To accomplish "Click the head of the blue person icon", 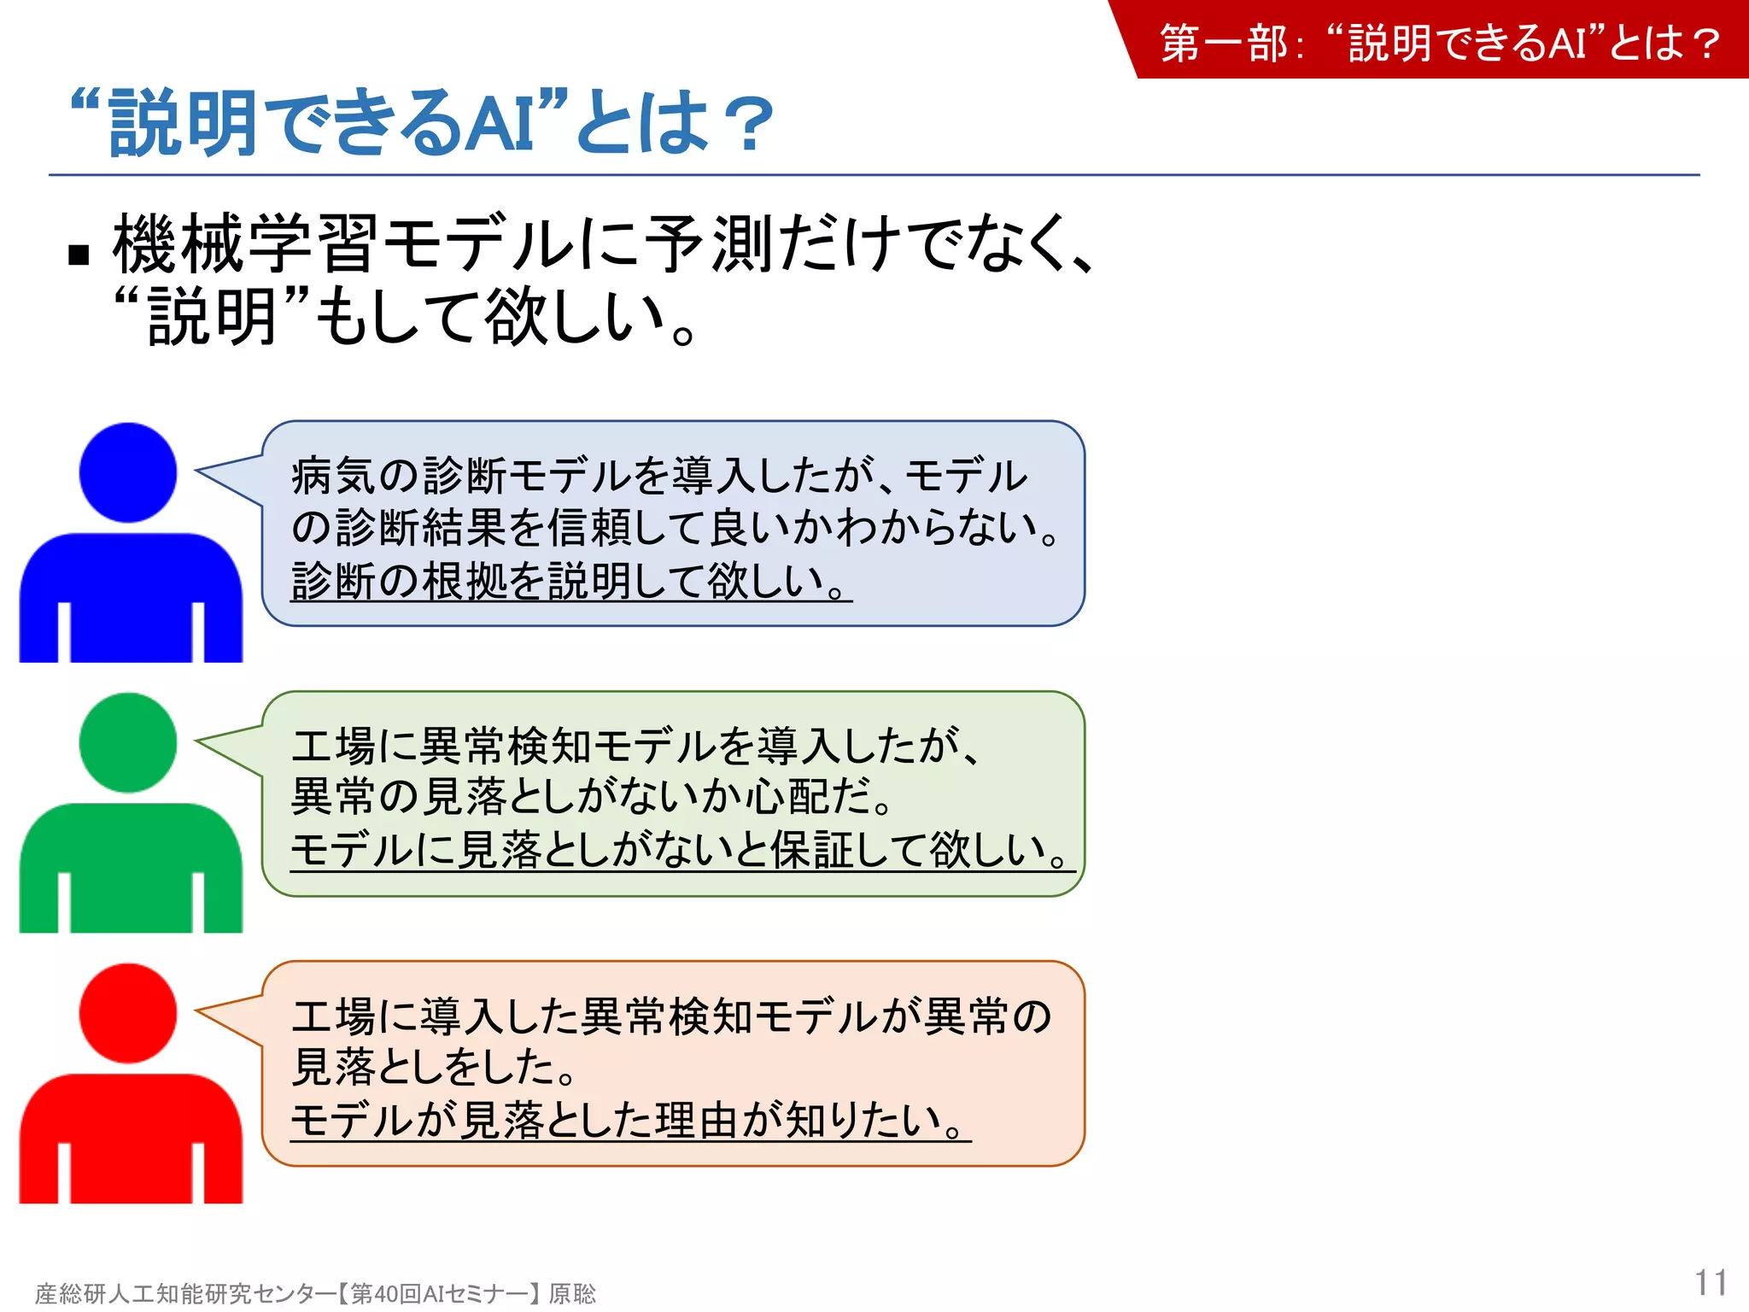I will point(128,472).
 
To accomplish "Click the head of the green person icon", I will point(128,742).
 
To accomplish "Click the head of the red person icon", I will point(128,1013).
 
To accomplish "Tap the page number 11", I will point(1711,1283).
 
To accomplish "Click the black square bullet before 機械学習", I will point(79,255).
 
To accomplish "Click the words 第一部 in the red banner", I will point(1223,43).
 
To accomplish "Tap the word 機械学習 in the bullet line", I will point(244,244).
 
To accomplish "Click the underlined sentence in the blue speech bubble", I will point(570,582).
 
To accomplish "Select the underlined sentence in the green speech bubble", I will point(681,851).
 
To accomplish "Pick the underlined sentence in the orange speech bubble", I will point(630,1121).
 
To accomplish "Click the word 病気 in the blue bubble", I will point(335,476).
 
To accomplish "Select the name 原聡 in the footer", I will point(572,1294).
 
